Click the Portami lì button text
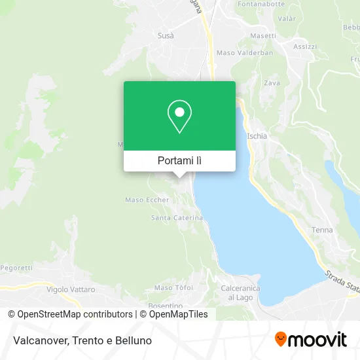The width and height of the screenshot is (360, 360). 179,160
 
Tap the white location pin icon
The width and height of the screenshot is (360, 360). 179,117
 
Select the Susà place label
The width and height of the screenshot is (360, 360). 166,35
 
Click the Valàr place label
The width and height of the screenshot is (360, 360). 287,19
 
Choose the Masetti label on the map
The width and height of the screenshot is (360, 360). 262,36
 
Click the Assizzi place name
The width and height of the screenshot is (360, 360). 304,46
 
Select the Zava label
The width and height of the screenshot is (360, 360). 272,83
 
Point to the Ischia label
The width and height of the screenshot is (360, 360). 257,136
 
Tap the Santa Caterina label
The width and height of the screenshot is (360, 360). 177,217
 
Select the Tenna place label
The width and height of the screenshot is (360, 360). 322,230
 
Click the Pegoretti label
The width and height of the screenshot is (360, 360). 16,268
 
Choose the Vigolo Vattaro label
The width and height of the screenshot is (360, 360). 71,289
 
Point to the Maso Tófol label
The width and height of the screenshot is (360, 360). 173,287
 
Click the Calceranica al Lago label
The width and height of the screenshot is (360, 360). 240,293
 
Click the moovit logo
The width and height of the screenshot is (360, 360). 310,340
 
